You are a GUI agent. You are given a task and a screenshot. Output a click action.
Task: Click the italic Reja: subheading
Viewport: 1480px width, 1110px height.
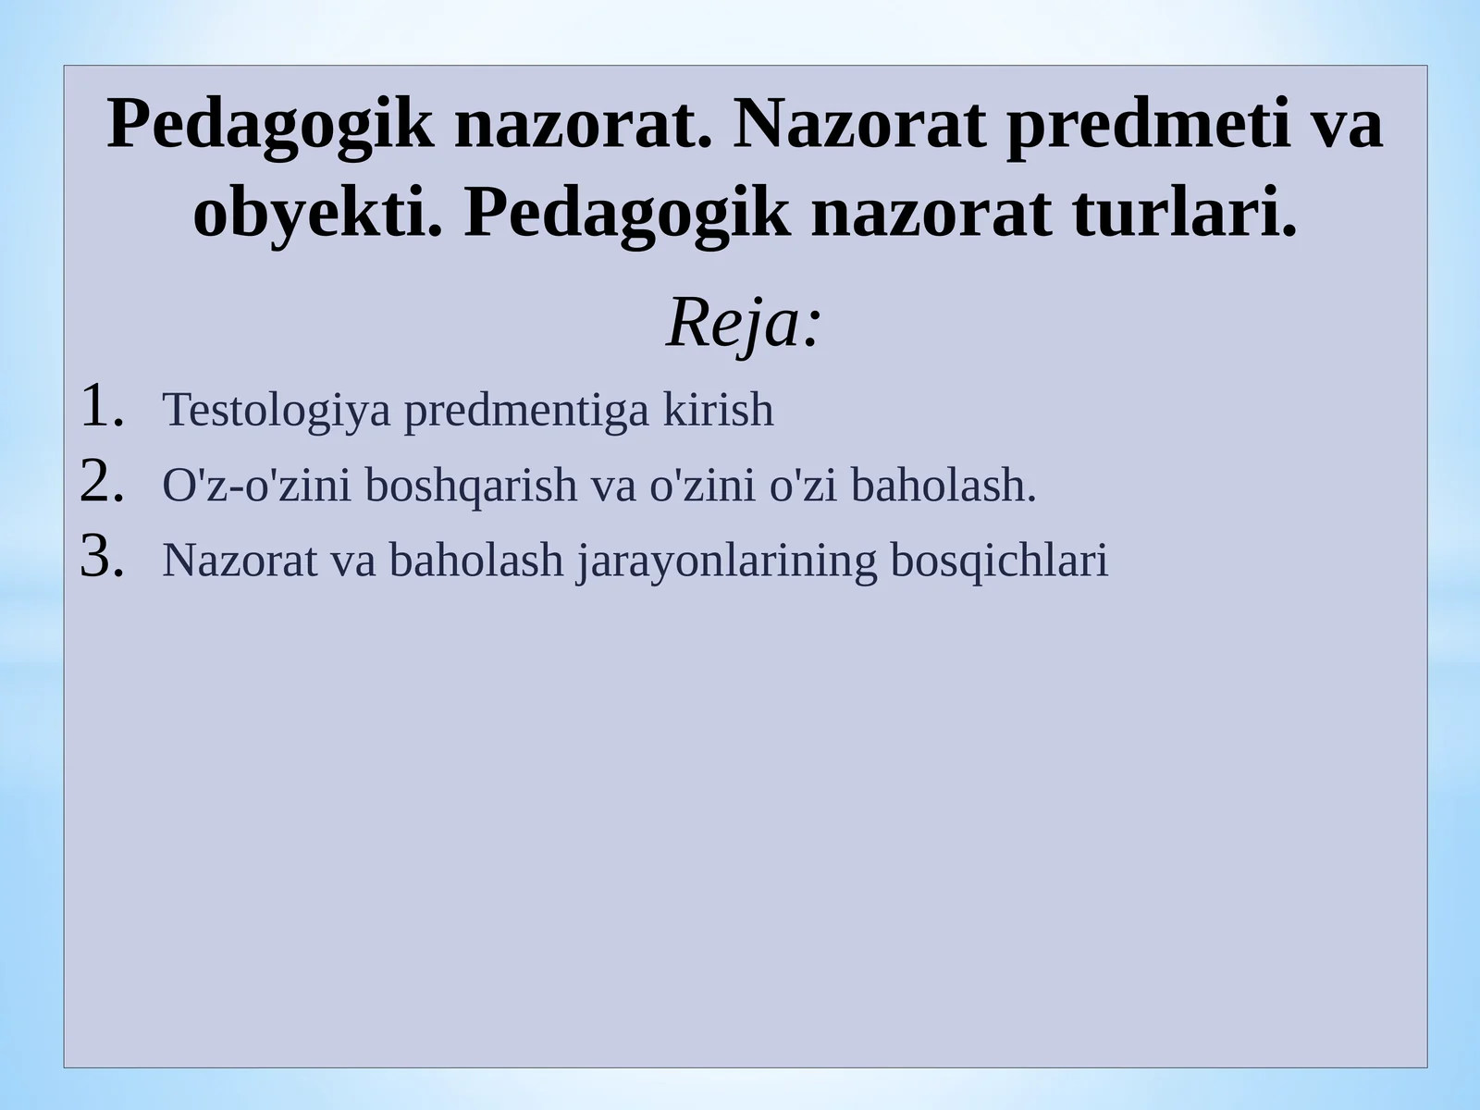click(x=744, y=324)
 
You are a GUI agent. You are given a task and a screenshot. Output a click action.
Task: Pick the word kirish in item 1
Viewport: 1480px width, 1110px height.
click(x=718, y=411)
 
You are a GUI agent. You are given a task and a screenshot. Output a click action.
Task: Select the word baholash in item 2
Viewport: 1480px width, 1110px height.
click(x=943, y=486)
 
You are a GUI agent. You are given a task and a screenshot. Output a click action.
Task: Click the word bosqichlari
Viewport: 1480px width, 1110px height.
click(x=999, y=561)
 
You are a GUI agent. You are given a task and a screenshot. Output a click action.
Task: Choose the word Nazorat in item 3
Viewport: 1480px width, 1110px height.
click(x=240, y=561)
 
